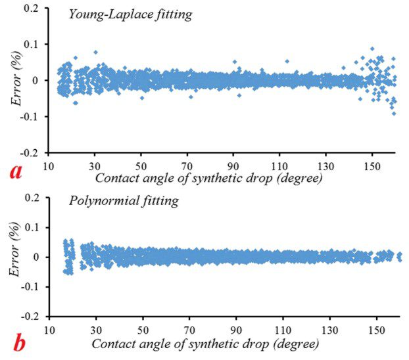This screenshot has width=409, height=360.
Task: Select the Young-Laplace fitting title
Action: pyautogui.click(x=131, y=14)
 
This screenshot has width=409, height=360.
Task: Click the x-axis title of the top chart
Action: pyautogui.click(x=208, y=177)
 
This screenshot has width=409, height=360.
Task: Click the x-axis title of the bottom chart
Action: pyautogui.click(x=206, y=344)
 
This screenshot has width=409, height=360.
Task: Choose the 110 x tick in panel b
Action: pyautogui.click(x=283, y=328)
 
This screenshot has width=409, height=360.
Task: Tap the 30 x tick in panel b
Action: pyautogui.click(x=96, y=328)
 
